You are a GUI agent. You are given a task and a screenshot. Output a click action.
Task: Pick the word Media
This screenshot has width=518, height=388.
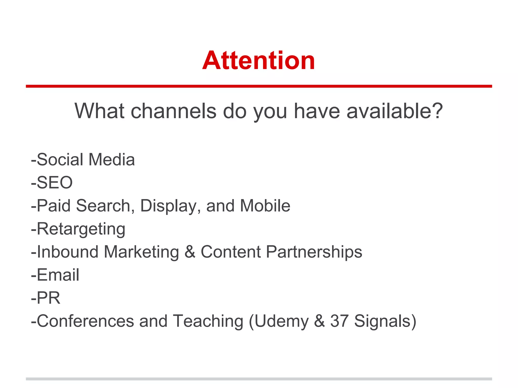click(112, 160)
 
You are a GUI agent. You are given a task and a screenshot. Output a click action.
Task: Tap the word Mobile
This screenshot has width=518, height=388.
click(265, 206)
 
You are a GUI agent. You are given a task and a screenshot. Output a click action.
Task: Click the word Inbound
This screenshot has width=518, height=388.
click(68, 252)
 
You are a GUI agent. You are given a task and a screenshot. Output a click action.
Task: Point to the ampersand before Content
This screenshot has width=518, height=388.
click(190, 252)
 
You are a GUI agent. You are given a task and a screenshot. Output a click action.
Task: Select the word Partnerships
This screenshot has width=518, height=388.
click(314, 252)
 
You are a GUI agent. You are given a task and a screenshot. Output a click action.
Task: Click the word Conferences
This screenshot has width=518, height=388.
click(85, 321)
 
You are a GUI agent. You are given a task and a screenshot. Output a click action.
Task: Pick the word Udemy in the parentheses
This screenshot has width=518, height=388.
click(281, 322)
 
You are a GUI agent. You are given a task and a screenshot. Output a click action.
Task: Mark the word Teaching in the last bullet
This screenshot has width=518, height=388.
click(208, 321)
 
